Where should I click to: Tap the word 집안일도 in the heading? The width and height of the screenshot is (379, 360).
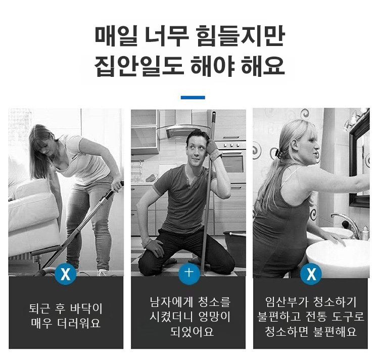pos(138,66)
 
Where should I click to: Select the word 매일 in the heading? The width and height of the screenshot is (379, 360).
pos(116,37)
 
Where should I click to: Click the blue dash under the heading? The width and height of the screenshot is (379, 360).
pos(193,98)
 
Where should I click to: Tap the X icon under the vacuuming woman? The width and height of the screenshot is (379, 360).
pos(66,274)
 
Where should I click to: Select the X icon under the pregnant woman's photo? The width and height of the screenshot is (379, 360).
pos(311,274)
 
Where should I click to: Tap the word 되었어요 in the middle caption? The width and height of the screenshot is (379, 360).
pos(192,331)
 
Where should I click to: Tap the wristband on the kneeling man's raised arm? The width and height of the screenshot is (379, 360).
pos(216,154)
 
